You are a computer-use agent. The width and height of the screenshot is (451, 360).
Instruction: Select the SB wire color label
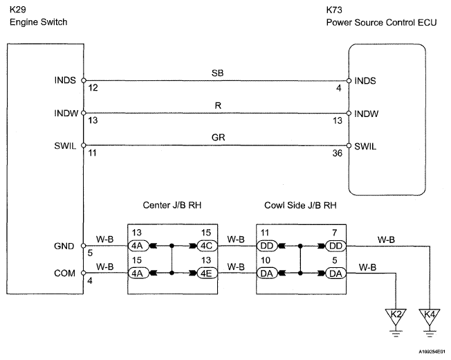(x=217, y=73)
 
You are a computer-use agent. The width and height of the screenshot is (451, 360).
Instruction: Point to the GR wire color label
(x=218, y=137)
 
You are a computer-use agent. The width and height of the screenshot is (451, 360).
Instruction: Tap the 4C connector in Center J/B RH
(x=207, y=246)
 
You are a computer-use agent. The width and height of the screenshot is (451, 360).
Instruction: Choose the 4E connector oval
(x=207, y=273)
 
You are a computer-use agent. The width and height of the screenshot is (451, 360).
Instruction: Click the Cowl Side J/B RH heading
(x=300, y=205)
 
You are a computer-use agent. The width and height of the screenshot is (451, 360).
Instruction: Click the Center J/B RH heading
(x=172, y=205)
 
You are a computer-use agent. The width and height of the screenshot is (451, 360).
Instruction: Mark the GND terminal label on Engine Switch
(x=64, y=246)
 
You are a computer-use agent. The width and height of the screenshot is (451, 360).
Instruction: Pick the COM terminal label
(x=64, y=273)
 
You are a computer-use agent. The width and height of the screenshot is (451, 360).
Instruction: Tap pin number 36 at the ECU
(x=338, y=153)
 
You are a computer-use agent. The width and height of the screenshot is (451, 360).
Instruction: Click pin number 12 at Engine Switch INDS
(x=93, y=87)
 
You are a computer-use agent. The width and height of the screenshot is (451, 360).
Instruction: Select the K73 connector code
(x=334, y=10)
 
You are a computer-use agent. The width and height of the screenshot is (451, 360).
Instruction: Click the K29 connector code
(x=18, y=10)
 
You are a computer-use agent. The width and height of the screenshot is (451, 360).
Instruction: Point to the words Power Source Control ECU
(x=381, y=22)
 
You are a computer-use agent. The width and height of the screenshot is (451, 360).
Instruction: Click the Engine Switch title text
(x=38, y=22)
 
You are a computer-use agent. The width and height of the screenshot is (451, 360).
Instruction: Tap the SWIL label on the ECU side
(x=365, y=147)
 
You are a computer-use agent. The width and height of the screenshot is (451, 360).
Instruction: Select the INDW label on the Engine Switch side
(x=66, y=113)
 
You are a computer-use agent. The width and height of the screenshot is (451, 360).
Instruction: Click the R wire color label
(x=218, y=106)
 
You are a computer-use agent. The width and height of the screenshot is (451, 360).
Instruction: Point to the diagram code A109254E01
(x=432, y=352)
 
